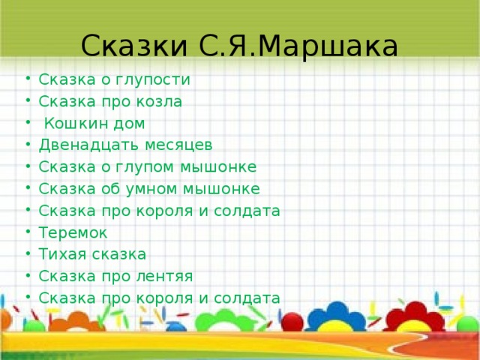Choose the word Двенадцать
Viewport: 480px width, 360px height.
click(x=84, y=145)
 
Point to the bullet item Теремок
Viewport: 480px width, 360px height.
click(x=73, y=232)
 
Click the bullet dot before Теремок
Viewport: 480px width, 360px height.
click(x=27, y=232)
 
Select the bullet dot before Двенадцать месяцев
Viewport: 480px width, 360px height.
click(x=27, y=145)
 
